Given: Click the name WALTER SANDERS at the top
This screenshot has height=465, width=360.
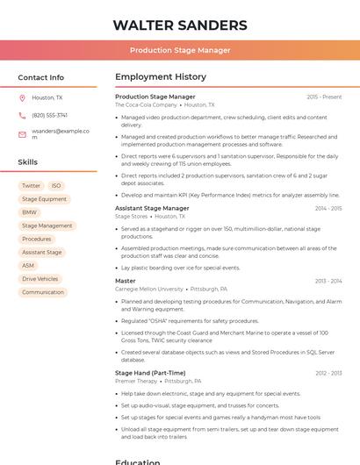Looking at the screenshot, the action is click(180, 25).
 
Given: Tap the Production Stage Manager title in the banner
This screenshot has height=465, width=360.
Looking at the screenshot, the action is click(180, 50).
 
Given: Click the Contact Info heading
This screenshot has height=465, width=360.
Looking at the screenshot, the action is click(41, 77).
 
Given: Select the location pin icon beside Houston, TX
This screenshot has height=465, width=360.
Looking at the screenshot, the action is click(22, 98).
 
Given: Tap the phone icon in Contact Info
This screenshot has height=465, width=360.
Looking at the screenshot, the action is click(22, 115).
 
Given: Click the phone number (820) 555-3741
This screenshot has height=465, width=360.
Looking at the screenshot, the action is click(50, 115).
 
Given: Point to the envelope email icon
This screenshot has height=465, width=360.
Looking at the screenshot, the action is click(22, 134).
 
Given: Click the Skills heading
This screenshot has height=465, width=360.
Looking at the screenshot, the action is click(28, 162).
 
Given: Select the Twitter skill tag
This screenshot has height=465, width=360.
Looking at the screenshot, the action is click(31, 186).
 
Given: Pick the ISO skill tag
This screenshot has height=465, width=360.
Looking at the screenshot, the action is click(56, 186).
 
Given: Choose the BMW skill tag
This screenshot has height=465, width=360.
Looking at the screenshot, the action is click(30, 212).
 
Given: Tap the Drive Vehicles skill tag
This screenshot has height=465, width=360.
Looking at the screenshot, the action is click(40, 279).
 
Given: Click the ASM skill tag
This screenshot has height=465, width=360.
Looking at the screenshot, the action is click(28, 266).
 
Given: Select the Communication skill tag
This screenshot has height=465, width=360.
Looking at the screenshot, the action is click(43, 292).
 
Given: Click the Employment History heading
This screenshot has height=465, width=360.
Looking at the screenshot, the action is click(161, 77).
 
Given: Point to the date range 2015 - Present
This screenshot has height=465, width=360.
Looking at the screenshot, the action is click(324, 97).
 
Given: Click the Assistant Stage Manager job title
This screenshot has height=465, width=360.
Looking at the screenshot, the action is click(152, 208).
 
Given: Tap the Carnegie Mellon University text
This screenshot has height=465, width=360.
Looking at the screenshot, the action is click(149, 289).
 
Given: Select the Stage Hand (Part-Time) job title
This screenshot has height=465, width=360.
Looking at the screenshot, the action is click(150, 373).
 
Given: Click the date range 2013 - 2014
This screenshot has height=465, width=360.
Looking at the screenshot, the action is click(328, 281).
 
